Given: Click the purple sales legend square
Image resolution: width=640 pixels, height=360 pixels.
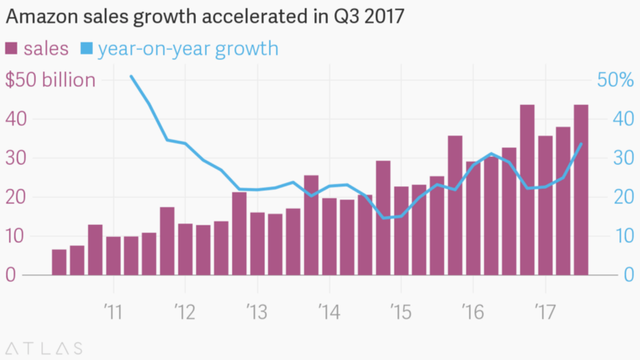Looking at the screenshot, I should [13, 50].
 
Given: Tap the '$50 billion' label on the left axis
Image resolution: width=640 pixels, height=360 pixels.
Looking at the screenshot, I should [50, 80].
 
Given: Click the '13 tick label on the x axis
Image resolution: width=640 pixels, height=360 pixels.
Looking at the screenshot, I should [256, 309].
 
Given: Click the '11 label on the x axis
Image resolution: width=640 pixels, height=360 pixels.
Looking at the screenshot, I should [113, 309].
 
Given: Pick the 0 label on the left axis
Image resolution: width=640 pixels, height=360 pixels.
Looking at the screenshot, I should [11, 274].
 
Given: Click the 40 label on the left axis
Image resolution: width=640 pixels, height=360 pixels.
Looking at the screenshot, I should [17, 119].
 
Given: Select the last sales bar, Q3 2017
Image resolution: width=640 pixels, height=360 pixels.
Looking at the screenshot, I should [581, 190].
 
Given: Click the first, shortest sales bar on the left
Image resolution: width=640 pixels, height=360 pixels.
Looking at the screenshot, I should [59, 262].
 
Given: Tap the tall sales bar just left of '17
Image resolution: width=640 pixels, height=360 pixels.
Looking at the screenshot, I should [527, 190].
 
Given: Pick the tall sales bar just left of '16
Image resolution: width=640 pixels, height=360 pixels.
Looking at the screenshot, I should [455, 206].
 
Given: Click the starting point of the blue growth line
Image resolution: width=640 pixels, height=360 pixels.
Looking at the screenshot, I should [130, 76].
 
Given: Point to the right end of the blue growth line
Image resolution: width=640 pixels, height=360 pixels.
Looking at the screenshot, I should [581, 144].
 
